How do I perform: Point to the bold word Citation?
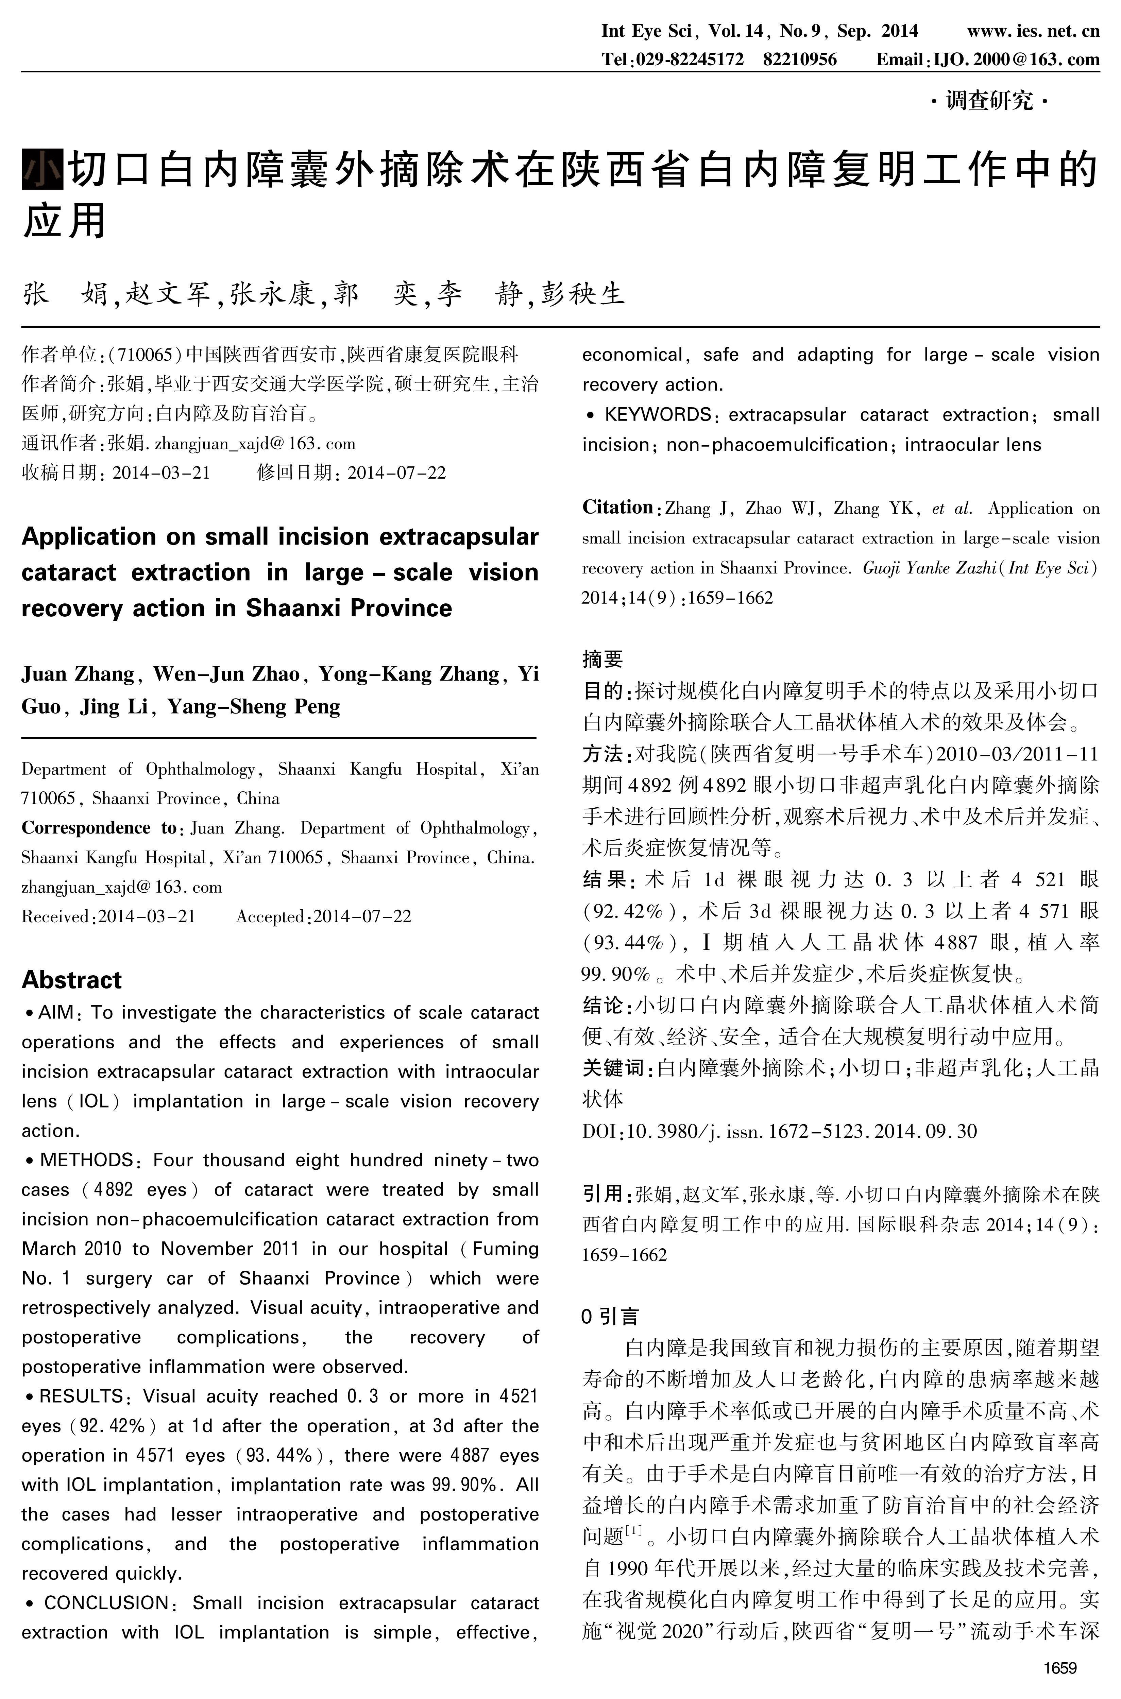(617, 508)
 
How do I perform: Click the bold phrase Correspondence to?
(99, 828)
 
